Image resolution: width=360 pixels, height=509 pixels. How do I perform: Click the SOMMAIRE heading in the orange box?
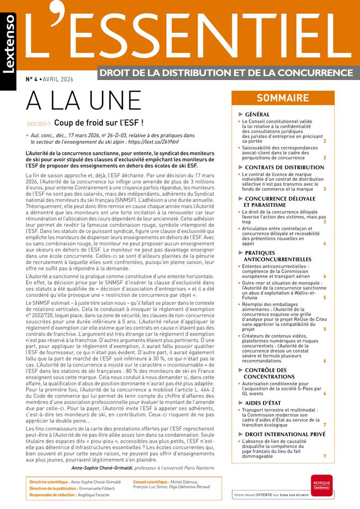(x=283, y=98)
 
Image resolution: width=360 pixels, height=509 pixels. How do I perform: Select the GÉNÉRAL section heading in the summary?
(x=257, y=115)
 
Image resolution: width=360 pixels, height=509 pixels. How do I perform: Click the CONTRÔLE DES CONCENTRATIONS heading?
(x=274, y=374)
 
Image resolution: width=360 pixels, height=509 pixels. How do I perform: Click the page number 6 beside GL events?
(x=324, y=394)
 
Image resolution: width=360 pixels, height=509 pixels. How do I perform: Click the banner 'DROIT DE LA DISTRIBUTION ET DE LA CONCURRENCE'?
(x=225, y=72)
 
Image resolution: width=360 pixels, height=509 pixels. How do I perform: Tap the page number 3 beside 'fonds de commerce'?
(x=324, y=189)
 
